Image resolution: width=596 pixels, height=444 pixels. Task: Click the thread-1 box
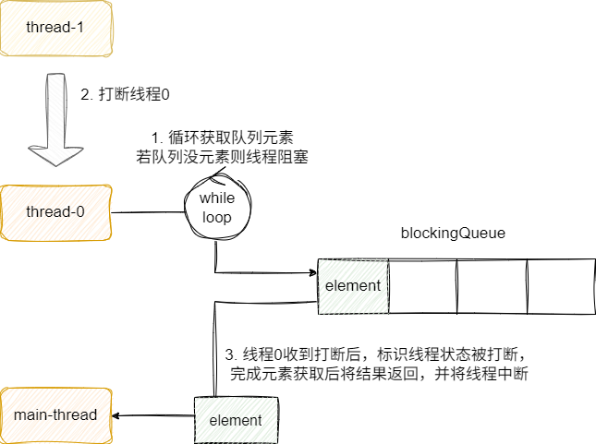[x=55, y=28]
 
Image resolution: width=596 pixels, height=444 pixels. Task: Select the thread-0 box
[x=55, y=212]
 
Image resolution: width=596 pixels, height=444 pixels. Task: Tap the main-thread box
[x=55, y=415]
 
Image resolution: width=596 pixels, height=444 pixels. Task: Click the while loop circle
[x=218, y=210]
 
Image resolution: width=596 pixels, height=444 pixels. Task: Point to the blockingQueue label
[x=453, y=234]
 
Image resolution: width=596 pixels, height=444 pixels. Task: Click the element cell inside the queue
[x=353, y=285]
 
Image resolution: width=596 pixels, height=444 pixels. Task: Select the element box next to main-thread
[x=236, y=420]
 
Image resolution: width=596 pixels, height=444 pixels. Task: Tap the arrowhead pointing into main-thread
[x=117, y=416]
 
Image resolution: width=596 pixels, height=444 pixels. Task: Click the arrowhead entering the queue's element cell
[x=311, y=272]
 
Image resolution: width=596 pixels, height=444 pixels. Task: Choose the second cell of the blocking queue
[x=422, y=285]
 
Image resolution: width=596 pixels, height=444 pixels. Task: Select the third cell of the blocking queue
[x=492, y=285]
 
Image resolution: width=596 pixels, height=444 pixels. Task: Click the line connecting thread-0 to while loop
[x=147, y=211]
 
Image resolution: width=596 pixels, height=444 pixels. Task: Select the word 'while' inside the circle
[x=218, y=199]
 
